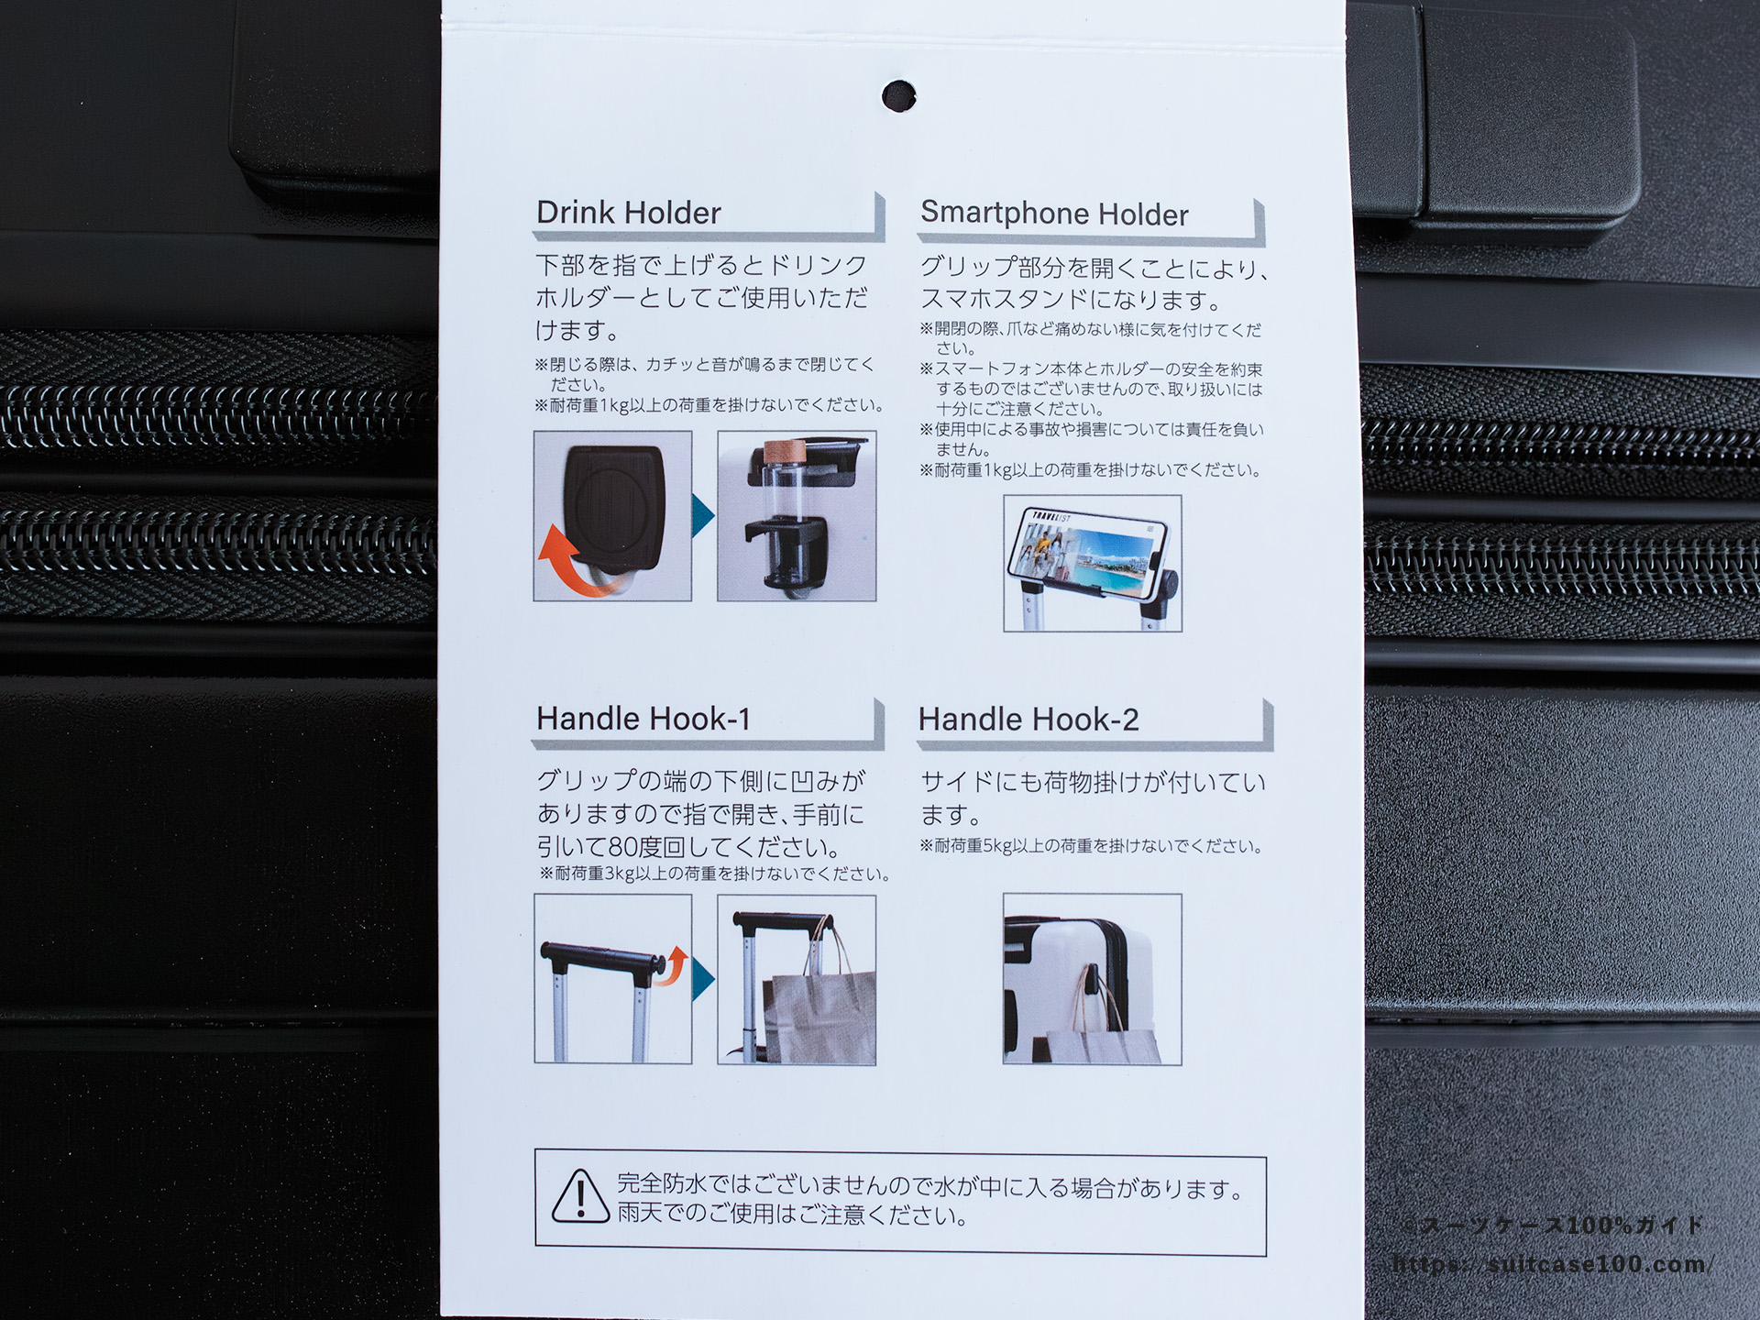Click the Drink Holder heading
629,213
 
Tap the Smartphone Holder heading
1054,214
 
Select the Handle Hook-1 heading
643,719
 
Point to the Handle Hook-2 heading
1028,720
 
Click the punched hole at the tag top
898,95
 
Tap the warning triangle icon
580,1195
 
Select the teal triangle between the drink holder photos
703,516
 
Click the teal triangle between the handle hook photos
703,979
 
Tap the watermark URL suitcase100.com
1551,1265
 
